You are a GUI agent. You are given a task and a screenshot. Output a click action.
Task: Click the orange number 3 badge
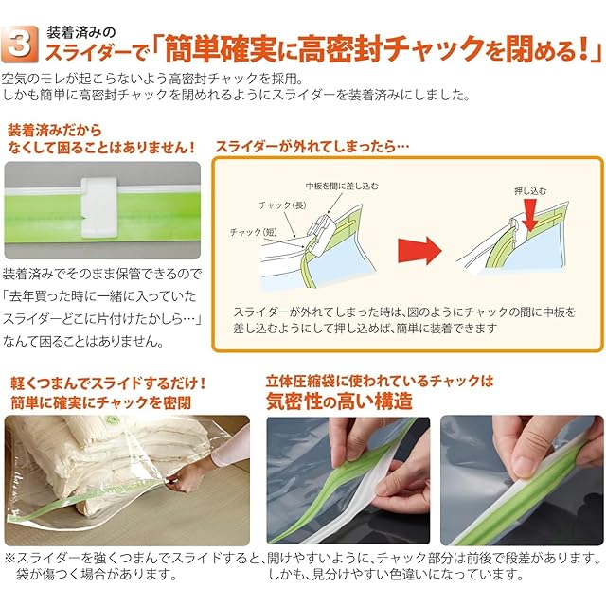click(x=20, y=45)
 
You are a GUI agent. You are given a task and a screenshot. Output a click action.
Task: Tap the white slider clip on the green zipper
click(x=98, y=207)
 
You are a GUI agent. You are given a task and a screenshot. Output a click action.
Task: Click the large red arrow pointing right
click(x=419, y=250)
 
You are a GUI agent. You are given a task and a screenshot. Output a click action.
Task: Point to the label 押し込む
click(x=530, y=190)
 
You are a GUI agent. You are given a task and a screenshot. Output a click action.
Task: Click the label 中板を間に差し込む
click(x=342, y=186)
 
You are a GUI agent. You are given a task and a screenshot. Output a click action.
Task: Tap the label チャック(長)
click(x=282, y=205)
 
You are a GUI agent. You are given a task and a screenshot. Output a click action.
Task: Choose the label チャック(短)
click(x=253, y=232)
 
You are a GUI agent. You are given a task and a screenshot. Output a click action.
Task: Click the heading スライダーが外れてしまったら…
click(x=312, y=147)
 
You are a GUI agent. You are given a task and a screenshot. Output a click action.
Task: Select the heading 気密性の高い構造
click(x=339, y=401)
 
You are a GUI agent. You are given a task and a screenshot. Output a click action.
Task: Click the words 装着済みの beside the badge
click(x=81, y=32)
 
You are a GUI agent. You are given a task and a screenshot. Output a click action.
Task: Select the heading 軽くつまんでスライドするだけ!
click(x=108, y=383)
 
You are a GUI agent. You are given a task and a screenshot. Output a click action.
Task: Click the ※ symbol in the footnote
click(x=10, y=558)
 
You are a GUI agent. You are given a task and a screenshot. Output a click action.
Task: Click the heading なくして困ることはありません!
click(x=101, y=148)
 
